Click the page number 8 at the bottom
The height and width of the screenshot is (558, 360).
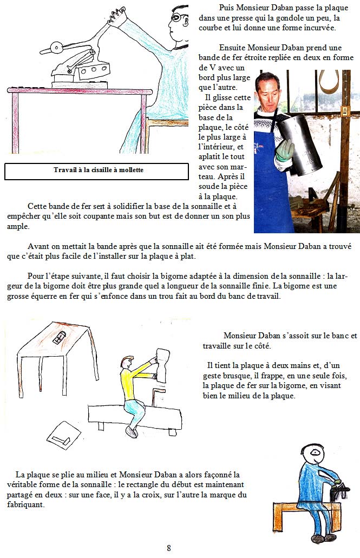click(x=169, y=548)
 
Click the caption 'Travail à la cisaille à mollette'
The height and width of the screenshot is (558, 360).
click(x=99, y=170)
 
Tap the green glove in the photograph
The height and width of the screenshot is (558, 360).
click(x=285, y=150)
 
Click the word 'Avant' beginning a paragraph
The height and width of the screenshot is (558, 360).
click(x=39, y=245)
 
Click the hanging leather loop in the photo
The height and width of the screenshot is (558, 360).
click(x=327, y=84)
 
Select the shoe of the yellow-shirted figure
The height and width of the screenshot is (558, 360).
click(x=131, y=432)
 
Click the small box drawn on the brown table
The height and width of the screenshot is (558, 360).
click(x=61, y=338)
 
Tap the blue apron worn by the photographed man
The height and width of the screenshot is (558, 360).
click(x=269, y=184)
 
